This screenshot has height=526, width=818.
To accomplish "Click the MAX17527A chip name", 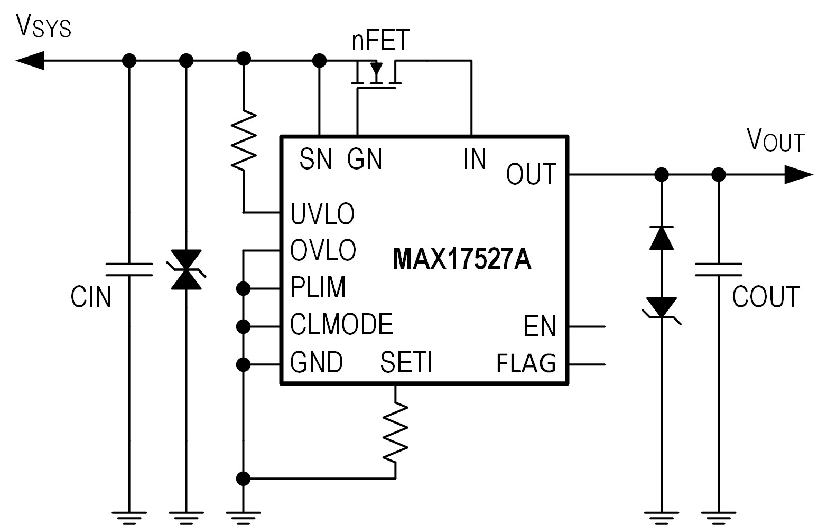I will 462,259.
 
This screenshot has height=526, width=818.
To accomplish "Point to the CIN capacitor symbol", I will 129,269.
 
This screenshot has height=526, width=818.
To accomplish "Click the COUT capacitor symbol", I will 718,269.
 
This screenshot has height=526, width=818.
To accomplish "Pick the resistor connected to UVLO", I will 244,140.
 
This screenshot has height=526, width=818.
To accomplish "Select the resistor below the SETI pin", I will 395,430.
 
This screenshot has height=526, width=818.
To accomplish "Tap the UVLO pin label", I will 322,213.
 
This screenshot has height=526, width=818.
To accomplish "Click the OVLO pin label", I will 323,250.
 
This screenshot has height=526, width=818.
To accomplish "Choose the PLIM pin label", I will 318,287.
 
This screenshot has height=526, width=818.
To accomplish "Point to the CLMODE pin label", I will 341,324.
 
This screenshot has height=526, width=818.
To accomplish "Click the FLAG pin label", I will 526,363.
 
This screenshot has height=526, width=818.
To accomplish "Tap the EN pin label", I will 540,326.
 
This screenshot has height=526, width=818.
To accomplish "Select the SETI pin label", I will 406,362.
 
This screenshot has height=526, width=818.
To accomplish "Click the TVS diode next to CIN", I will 186,270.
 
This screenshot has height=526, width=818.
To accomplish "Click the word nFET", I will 381,41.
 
